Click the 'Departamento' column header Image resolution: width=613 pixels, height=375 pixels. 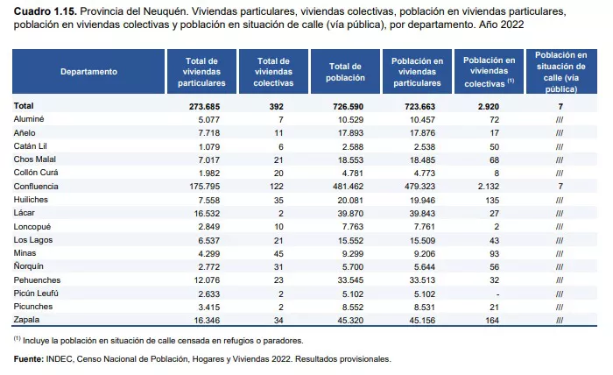point(88,71)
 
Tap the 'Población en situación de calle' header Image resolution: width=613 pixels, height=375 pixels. point(560,71)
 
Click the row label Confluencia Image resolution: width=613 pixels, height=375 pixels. point(37,187)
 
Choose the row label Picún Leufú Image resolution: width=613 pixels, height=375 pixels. point(35,294)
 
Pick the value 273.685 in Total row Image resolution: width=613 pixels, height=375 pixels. point(206,105)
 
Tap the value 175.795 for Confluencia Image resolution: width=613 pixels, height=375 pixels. point(206,187)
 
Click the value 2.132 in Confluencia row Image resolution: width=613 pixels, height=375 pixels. point(487,187)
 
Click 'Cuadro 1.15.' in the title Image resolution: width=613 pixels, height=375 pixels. point(41,11)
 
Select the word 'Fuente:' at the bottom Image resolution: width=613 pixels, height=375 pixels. point(30,359)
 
